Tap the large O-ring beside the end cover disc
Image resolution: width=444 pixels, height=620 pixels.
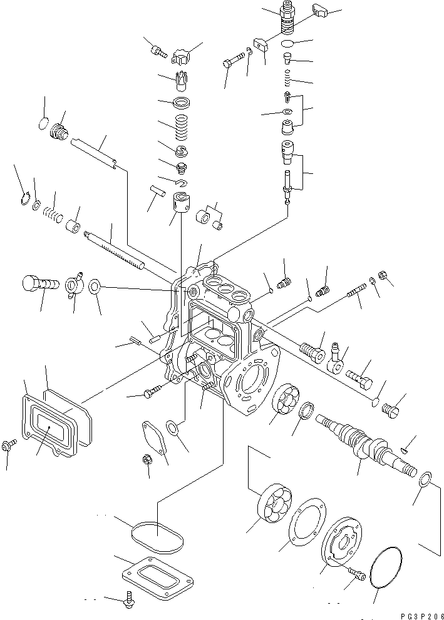(x=385, y=566)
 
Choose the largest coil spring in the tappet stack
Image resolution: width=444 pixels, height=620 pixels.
(x=180, y=126)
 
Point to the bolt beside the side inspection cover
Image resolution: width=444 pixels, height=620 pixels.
(x=9, y=445)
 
